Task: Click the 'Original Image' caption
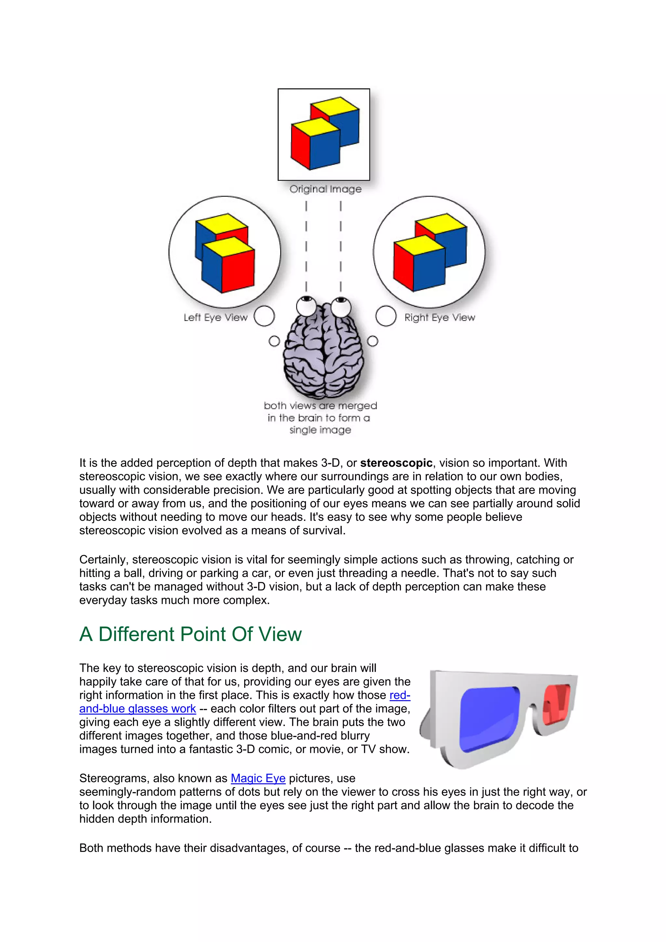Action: tap(326, 189)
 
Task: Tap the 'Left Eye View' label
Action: tap(215, 318)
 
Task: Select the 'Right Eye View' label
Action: tap(439, 318)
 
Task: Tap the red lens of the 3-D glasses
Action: tap(556, 704)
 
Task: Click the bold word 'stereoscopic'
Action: tap(396, 463)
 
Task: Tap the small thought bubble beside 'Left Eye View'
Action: tap(274, 341)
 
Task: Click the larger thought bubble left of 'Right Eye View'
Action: tap(386, 316)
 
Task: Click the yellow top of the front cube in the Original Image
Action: tap(315, 126)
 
